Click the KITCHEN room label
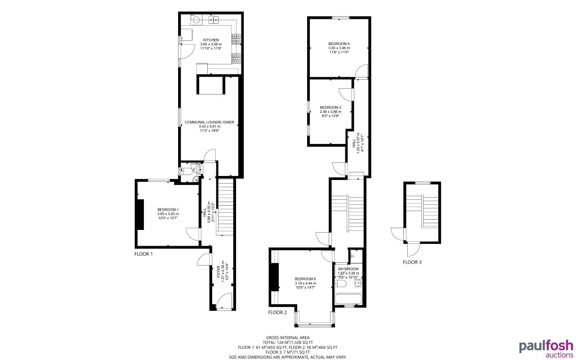210,40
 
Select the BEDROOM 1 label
168,210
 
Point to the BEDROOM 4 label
339,43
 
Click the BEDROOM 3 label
330,107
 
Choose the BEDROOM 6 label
305,279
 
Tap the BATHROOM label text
348,269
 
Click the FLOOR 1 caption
143,254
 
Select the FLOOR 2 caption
277,312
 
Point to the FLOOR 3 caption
412,262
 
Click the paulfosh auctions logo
546,348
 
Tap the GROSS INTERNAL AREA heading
288,337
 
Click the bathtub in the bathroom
348,299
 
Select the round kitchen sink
196,19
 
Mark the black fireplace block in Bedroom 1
140,214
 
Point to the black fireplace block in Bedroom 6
274,277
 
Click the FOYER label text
219,271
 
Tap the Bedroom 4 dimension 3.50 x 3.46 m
339,48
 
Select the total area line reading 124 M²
288,342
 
